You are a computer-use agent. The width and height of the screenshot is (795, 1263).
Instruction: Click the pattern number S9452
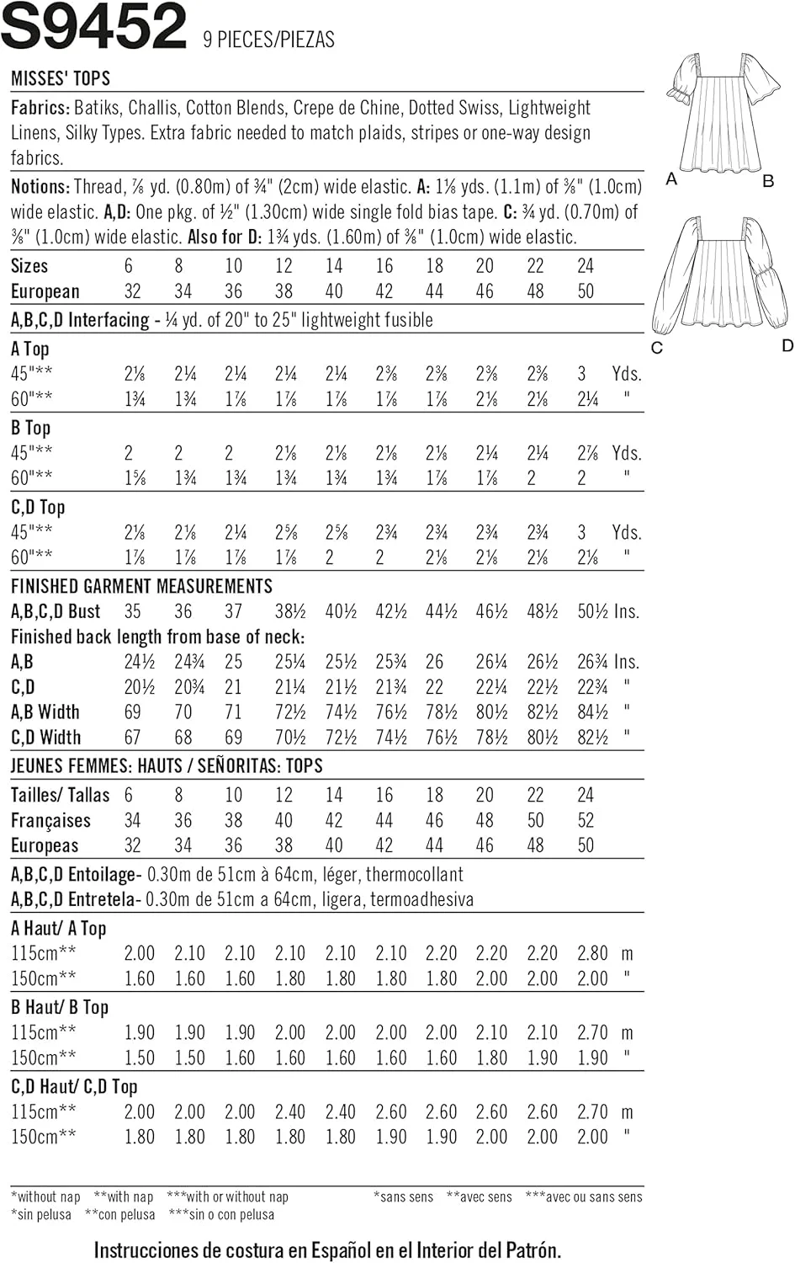coord(93,27)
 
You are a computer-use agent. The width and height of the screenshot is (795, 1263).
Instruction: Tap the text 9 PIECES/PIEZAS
coord(268,40)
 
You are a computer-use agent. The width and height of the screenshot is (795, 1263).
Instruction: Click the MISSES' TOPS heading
coord(61,79)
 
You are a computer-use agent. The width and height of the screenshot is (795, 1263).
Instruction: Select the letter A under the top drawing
coord(671,179)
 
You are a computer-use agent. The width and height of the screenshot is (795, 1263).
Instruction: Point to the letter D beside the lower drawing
coord(787,345)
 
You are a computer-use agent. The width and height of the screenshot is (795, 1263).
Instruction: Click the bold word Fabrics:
coord(40,108)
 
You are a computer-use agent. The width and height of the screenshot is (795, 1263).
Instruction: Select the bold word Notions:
coord(40,187)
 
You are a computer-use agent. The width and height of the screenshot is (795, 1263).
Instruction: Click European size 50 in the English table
coord(586,292)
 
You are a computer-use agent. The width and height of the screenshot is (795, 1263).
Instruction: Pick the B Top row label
coord(30,428)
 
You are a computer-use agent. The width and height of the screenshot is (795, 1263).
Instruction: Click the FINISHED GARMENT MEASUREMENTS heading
coord(141,587)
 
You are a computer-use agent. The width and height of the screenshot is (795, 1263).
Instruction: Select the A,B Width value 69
coord(132,713)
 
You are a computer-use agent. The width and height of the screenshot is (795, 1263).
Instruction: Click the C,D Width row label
coord(45,738)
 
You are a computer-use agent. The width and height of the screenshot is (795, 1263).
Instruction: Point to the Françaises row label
coord(50,821)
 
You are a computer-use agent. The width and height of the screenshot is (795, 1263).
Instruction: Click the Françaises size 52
coord(586,821)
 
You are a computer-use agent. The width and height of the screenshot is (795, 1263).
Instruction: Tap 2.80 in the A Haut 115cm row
coord(592,954)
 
